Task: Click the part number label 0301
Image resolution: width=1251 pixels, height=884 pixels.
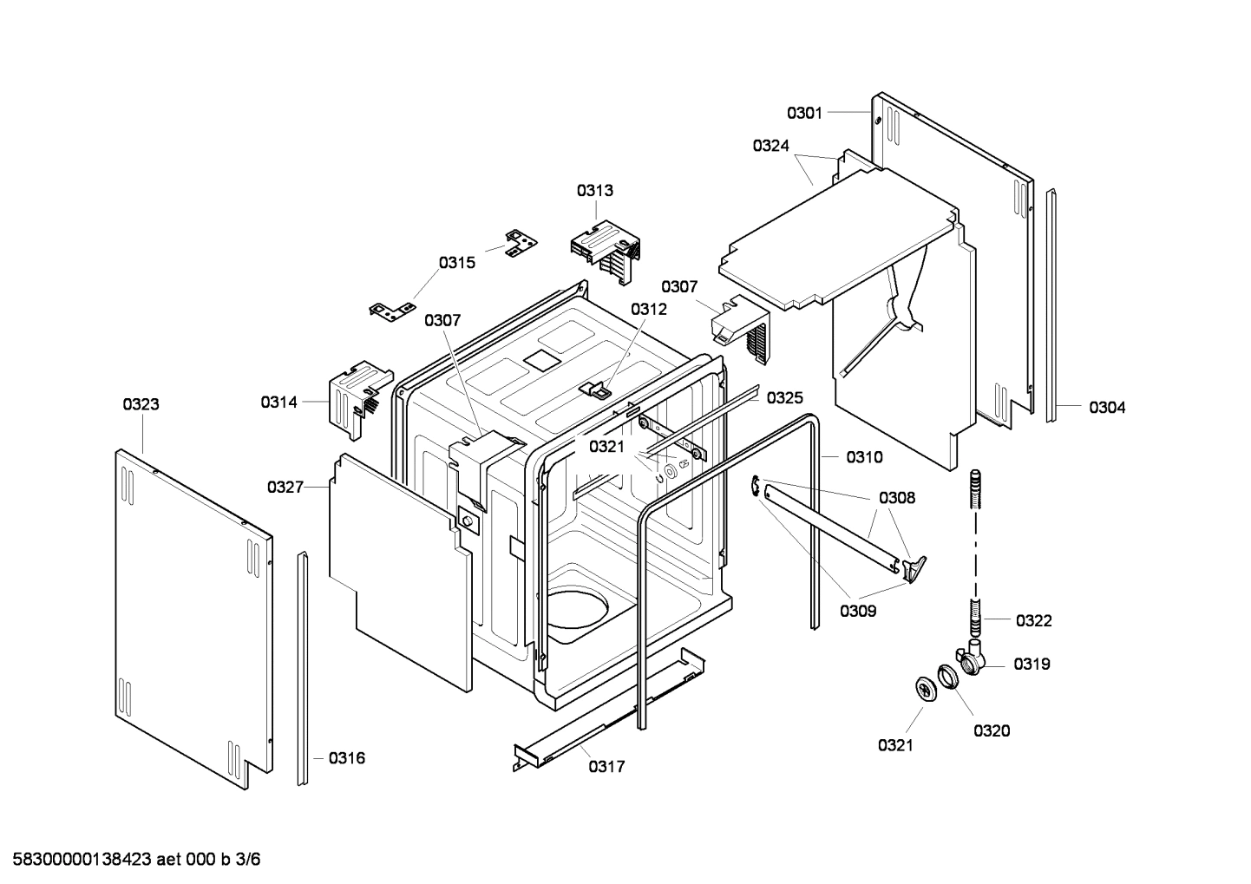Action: pyautogui.click(x=804, y=113)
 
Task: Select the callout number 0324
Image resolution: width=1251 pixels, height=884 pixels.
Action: pyautogui.click(x=770, y=146)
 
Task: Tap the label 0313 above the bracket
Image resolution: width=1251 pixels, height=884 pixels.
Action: pyautogui.click(x=595, y=190)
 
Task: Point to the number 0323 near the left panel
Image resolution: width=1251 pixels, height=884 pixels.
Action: pyautogui.click(x=141, y=404)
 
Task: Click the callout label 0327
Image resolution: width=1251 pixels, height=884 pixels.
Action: pyautogui.click(x=285, y=488)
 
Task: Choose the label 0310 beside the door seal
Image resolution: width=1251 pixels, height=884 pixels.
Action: pyautogui.click(x=864, y=457)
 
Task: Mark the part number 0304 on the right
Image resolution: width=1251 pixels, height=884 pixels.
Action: pyautogui.click(x=1107, y=407)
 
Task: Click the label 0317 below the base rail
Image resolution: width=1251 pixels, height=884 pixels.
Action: pyautogui.click(x=606, y=767)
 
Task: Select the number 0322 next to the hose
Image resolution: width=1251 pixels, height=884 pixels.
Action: pyautogui.click(x=1033, y=620)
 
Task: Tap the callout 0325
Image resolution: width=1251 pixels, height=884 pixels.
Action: pyautogui.click(x=784, y=397)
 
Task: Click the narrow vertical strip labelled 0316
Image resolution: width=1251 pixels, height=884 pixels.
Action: pyautogui.click(x=303, y=668)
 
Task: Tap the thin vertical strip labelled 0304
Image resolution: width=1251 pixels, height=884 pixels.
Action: pyautogui.click(x=1051, y=304)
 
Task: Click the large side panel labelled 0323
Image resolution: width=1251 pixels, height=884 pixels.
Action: pyautogui.click(x=193, y=616)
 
